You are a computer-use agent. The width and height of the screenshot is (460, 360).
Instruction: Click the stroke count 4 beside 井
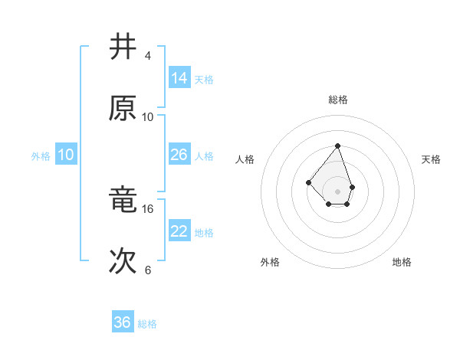(147, 56)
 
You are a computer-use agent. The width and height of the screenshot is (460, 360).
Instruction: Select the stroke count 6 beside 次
(147, 270)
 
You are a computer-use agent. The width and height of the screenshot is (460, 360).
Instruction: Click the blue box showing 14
(179, 77)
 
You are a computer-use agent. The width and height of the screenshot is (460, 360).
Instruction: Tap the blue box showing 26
(179, 155)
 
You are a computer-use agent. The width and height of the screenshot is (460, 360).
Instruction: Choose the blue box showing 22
(179, 231)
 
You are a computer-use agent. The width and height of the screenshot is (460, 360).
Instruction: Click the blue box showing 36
(122, 322)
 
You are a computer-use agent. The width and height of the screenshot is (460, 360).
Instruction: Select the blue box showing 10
(66, 155)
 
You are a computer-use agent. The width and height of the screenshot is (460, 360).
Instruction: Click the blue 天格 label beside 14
(204, 79)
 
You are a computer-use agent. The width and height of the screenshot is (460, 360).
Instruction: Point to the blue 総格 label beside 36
(147, 324)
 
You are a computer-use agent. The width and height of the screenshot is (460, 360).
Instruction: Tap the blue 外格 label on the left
(41, 156)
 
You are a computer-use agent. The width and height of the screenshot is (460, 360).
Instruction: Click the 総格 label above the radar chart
(337, 100)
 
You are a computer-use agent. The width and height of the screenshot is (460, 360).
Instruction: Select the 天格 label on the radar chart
(431, 159)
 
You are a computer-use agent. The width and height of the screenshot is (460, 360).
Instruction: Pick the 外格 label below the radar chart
(270, 262)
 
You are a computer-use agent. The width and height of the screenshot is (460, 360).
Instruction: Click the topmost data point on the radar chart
(337, 146)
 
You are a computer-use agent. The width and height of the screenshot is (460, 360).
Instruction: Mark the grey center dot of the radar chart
(337, 191)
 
